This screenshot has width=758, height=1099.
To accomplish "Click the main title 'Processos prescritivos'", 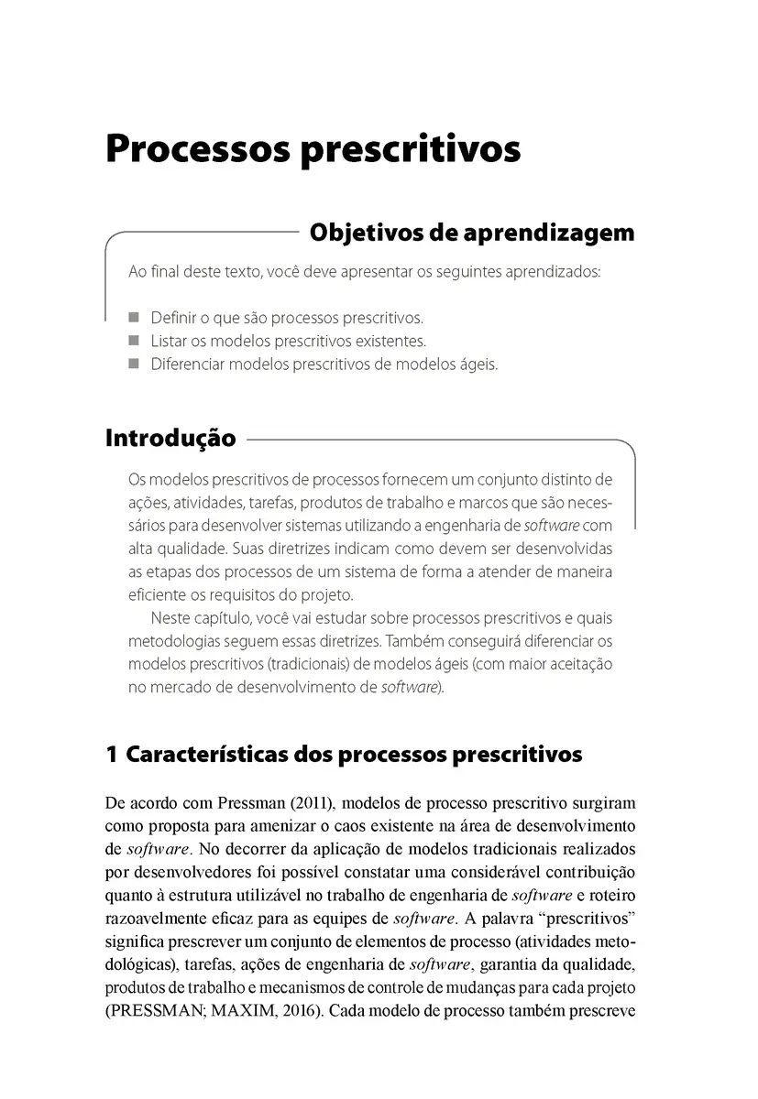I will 313,148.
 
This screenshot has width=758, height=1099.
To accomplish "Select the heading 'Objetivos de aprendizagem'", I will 472,233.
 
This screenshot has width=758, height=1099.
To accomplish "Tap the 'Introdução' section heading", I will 170,438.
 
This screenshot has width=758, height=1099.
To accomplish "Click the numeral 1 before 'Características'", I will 112,755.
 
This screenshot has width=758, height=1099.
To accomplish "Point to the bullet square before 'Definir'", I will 134,318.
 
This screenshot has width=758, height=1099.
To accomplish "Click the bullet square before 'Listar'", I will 134,341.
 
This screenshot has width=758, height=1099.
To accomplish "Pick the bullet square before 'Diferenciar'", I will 134,364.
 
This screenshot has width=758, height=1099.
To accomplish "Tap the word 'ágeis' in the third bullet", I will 476,365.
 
